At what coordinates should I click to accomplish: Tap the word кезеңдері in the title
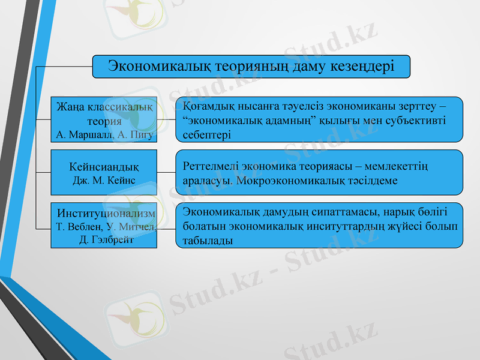click(361, 65)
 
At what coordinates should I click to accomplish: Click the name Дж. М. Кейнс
click(104, 179)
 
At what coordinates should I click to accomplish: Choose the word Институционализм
click(106, 213)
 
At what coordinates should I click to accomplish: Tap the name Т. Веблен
click(79, 227)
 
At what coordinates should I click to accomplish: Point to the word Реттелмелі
click(208, 165)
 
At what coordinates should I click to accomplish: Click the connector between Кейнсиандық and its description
click(166, 172)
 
